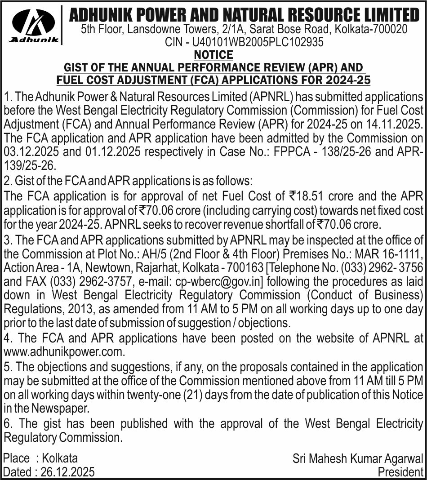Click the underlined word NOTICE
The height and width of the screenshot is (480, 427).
(x=213, y=55)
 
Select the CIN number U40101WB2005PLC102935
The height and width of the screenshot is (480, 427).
(x=258, y=43)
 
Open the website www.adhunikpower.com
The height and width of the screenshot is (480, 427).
(x=63, y=351)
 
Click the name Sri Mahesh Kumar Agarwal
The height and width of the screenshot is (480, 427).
(x=358, y=459)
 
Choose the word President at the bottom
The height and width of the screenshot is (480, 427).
(x=400, y=472)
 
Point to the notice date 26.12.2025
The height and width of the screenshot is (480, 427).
(x=67, y=472)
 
